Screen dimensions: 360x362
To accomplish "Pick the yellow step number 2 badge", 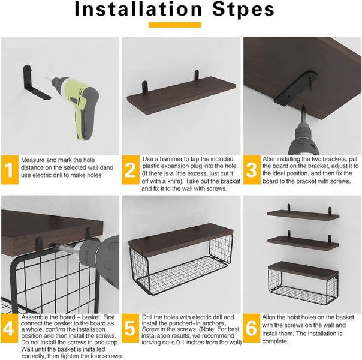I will [x=131, y=171].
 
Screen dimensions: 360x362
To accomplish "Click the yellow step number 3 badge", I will [x=251, y=171].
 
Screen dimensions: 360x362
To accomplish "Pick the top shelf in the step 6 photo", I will [x=302, y=214].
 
